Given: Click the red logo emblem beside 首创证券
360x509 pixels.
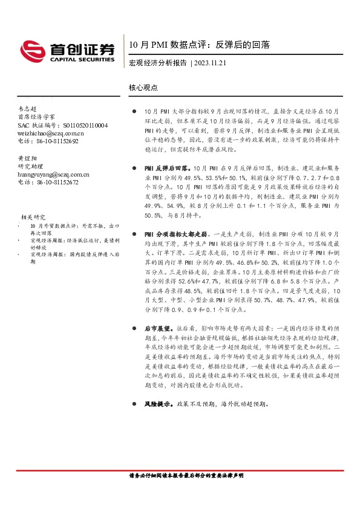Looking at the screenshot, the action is [x=31, y=49].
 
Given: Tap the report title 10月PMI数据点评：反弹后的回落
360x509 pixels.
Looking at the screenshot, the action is [x=200, y=44].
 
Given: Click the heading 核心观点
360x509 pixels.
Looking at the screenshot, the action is [x=143, y=87].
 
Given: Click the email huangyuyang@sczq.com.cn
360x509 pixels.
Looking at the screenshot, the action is [x=54, y=174].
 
